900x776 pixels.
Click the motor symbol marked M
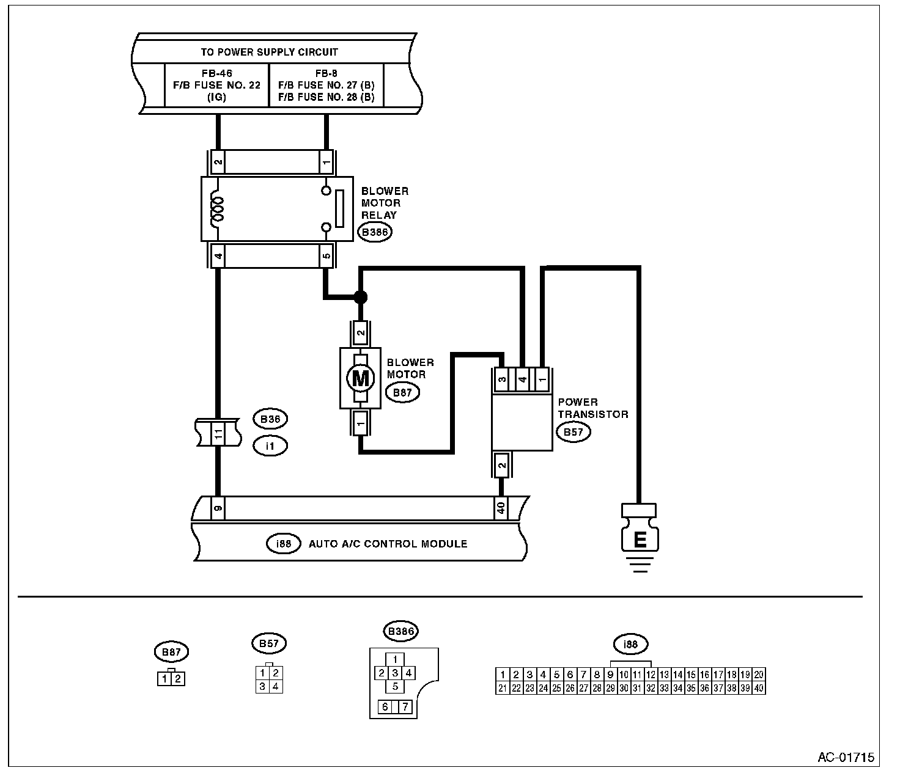360,378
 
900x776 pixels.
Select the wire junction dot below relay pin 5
361,297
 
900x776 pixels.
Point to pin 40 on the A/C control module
501,508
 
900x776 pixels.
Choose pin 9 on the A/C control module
218,508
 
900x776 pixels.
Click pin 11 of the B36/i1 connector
218,433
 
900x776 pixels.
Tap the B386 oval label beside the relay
375,232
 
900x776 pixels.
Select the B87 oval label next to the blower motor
402,392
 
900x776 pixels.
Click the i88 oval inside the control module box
284,544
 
